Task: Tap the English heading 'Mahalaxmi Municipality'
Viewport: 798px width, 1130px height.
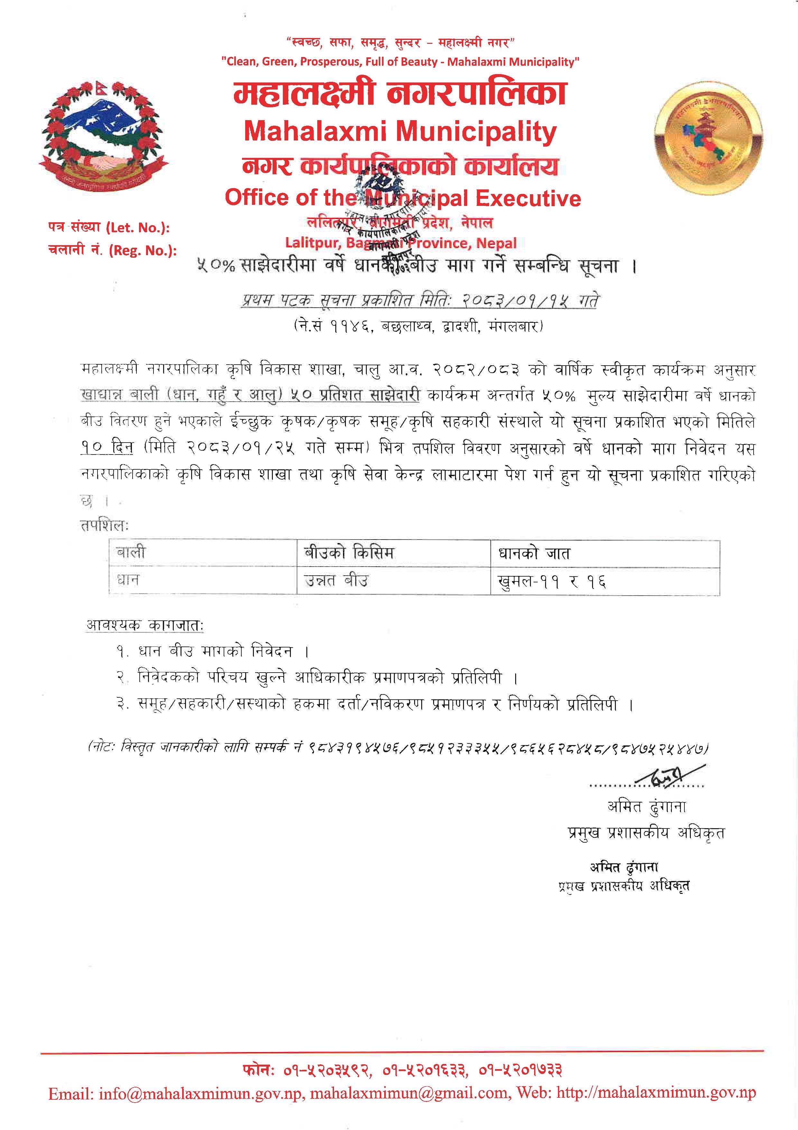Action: (x=400, y=132)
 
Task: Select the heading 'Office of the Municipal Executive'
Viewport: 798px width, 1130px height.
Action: (x=403, y=198)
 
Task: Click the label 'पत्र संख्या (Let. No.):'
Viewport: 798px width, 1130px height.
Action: (x=109, y=227)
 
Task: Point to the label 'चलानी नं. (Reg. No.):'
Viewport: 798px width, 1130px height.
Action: (x=112, y=251)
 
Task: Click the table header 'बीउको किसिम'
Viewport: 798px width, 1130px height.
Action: (x=349, y=553)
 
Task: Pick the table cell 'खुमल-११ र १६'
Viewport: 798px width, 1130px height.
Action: (x=552, y=582)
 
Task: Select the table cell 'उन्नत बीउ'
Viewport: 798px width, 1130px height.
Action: (x=336, y=581)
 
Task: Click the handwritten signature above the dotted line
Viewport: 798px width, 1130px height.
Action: (x=672, y=777)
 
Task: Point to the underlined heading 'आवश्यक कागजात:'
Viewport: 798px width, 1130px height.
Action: (x=144, y=625)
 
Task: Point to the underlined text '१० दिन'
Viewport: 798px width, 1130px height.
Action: (x=107, y=447)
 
